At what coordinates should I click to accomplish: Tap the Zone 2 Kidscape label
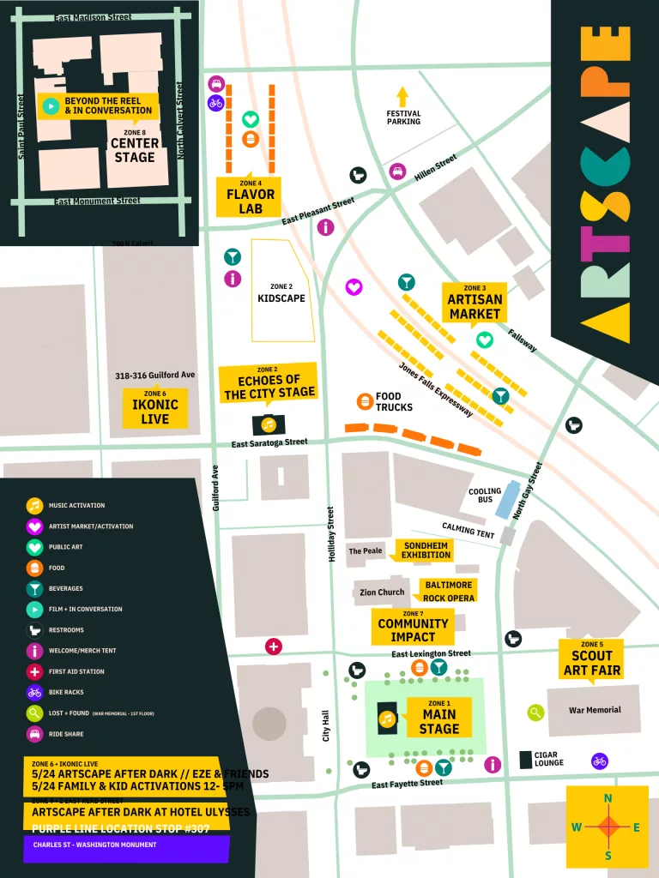tap(281, 293)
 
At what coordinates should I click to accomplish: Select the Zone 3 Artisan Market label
tap(474, 302)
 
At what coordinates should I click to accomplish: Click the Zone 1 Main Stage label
tap(438, 718)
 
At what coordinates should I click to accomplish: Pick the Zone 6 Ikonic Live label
tap(154, 407)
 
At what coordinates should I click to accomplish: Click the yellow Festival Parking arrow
tap(402, 96)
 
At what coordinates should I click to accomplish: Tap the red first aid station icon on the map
tap(274, 646)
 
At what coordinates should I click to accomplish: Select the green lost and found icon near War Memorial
tap(535, 712)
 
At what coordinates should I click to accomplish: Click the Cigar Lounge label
tap(549, 760)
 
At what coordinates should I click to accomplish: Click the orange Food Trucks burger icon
tap(365, 401)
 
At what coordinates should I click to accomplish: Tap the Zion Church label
tap(382, 592)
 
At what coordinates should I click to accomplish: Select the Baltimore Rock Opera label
tap(448, 591)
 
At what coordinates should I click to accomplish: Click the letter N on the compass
tap(608, 799)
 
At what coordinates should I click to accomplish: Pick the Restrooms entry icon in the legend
tap(34, 630)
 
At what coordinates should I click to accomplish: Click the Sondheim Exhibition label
tap(426, 550)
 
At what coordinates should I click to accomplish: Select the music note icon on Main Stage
tap(387, 719)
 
